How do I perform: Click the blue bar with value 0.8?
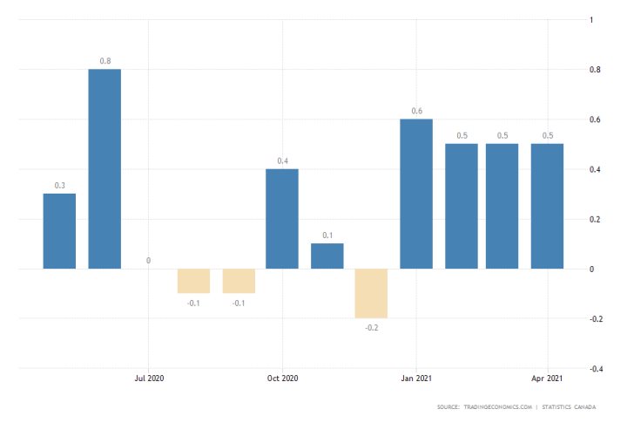(105, 168)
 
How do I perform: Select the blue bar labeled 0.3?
(59, 231)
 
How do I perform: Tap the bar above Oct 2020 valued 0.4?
(282, 218)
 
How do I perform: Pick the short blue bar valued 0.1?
(327, 256)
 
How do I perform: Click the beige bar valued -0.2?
(371, 293)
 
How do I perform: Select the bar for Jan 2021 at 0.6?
(416, 194)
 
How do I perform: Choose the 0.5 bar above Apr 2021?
(547, 206)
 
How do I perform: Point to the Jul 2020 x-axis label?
(149, 379)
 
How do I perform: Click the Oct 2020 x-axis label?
(282, 379)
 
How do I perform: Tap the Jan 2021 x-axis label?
(415, 379)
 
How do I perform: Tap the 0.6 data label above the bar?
(416, 111)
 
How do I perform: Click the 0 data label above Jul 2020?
(149, 260)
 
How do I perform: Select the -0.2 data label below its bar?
(371, 329)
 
